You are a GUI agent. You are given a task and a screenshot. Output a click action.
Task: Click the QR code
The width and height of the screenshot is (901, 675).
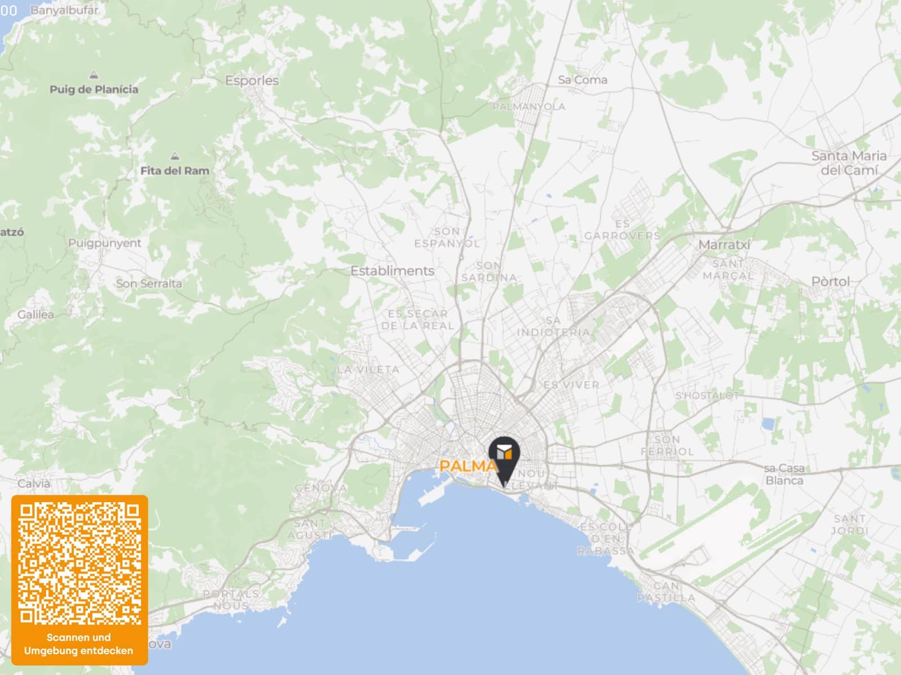click(79, 564)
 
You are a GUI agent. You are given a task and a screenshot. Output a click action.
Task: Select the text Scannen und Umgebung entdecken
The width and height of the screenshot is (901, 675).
click(79, 644)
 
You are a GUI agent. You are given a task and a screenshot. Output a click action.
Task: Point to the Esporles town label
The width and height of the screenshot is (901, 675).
click(252, 81)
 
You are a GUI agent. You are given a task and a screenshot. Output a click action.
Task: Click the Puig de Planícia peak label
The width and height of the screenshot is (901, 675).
click(93, 89)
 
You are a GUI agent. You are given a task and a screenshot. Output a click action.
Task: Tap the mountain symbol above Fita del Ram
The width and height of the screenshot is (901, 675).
click(175, 156)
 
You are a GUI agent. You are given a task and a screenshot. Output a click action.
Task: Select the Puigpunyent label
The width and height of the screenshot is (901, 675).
click(105, 243)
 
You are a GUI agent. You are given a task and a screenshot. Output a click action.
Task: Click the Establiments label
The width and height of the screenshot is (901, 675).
click(392, 271)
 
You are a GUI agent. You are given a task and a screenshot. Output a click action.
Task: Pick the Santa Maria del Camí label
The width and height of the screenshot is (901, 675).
click(849, 163)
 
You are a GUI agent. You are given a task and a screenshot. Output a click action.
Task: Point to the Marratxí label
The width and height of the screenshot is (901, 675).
click(724, 245)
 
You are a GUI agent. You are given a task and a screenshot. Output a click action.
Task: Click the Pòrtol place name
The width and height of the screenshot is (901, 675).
click(831, 281)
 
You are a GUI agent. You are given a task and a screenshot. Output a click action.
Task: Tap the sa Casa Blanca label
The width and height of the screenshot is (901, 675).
click(784, 474)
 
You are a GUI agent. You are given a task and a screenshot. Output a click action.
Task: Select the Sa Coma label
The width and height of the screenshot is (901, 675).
click(582, 80)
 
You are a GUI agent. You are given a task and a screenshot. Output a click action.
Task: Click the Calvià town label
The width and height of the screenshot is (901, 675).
click(34, 483)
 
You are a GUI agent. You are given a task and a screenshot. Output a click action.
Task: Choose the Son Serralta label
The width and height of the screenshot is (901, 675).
click(149, 283)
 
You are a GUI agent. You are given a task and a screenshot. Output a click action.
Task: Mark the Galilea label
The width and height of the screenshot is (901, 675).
click(35, 314)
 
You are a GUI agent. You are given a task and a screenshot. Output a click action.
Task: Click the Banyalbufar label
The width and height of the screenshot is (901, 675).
click(64, 10)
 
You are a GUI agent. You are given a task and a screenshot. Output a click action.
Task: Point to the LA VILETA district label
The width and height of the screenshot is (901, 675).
click(368, 369)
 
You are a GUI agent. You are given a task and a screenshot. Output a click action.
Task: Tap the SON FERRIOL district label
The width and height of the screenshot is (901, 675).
click(667, 445)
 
